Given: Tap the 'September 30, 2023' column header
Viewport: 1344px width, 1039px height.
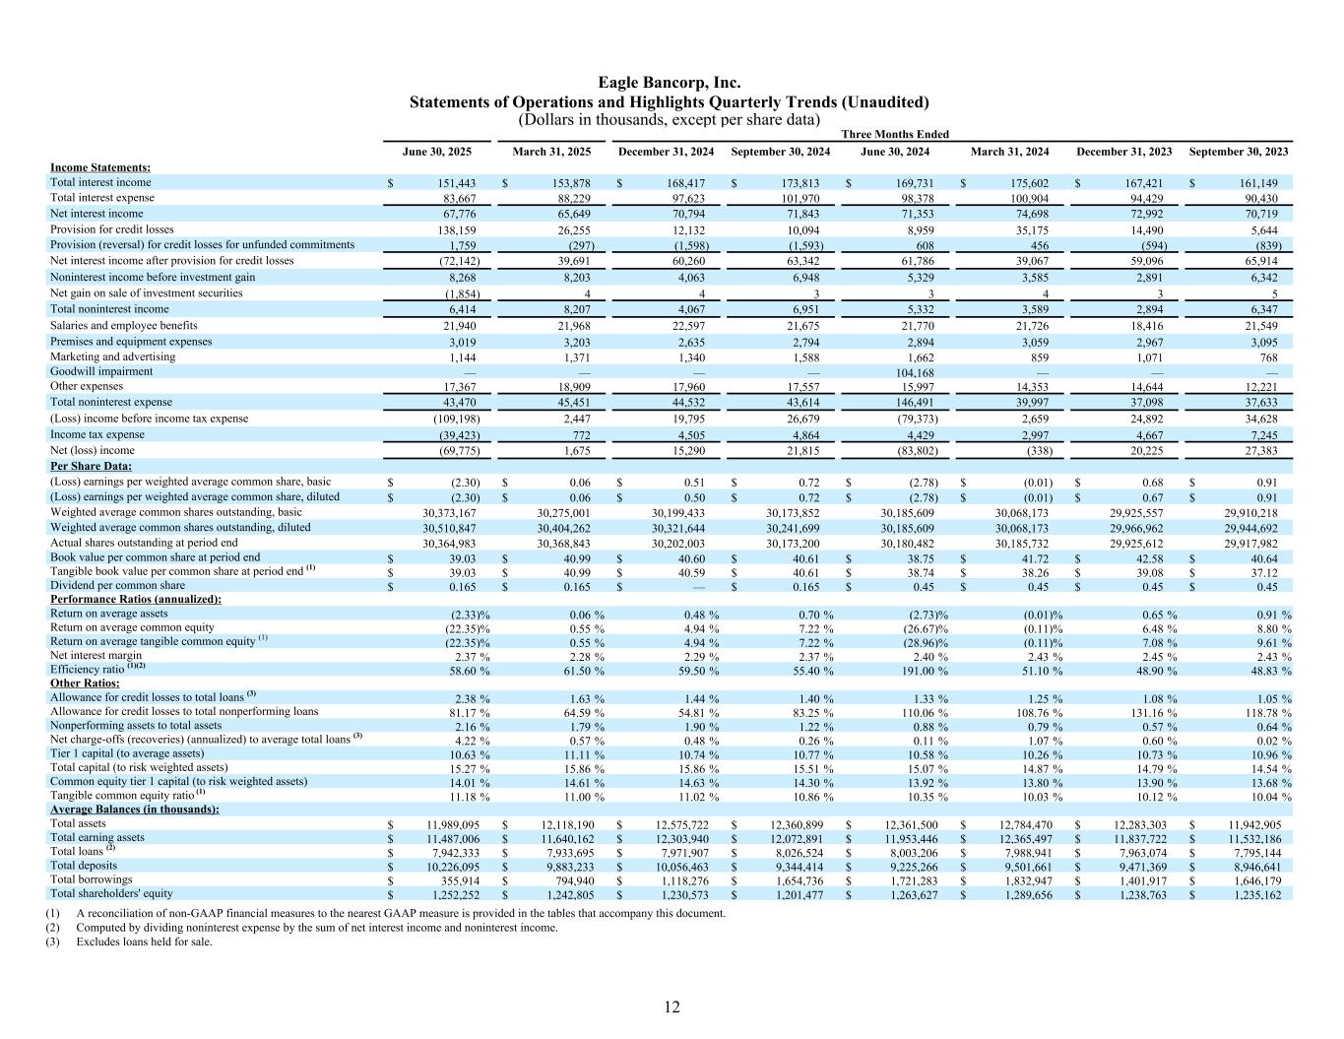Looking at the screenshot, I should click(x=1238, y=152).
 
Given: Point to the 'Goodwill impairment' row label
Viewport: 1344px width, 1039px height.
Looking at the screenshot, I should click(x=101, y=371).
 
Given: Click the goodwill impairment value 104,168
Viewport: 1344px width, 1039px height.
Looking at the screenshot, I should click(x=915, y=372).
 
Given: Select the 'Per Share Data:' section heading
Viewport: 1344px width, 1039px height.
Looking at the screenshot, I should click(x=92, y=466).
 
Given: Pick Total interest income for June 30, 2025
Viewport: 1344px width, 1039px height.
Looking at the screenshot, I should click(x=454, y=183).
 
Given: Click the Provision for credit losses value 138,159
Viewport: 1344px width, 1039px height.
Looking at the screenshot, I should click(x=454, y=229).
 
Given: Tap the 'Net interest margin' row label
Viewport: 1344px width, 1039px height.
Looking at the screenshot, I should click(x=96, y=655).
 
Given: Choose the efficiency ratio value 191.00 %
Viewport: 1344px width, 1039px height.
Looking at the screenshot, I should click(x=922, y=671).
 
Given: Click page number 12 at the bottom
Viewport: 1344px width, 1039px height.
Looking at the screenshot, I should click(x=672, y=1007).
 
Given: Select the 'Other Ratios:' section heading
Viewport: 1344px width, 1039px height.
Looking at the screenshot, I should click(x=85, y=682).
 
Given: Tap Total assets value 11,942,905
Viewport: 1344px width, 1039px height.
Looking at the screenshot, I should click(x=1250, y=824).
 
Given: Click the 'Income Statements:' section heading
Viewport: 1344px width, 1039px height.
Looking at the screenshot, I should click(x=100, y=167).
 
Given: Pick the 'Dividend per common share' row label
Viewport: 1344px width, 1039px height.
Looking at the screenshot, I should click(x=117, y=585).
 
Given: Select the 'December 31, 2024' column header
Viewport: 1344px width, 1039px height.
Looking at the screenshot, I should click(x=666, y=152).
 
